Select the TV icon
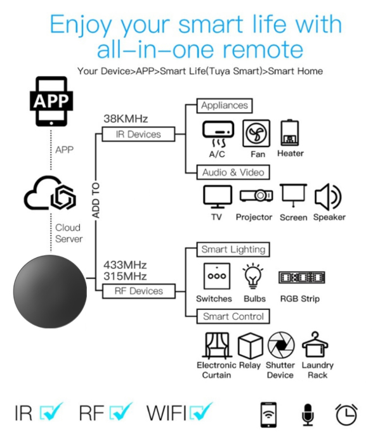(217, 197)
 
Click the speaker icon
(329, 196)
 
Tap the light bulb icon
(254, 276)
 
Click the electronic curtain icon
(216, 345)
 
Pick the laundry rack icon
(316, 345)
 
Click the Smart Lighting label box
(233, 249)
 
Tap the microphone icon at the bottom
(308, 414)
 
